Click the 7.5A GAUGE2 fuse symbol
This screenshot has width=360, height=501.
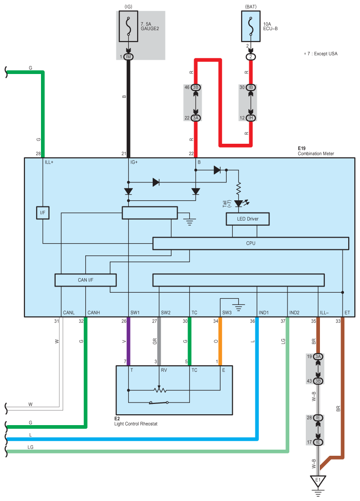coord(129,26)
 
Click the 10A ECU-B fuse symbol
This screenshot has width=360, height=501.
coord(251,26)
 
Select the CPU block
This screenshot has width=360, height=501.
coord(251,244)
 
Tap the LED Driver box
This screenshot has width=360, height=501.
coord(247,219)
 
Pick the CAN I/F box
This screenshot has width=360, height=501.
coord(86,280)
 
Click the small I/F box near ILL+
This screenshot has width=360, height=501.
coord(43,213)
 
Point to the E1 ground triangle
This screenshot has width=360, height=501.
coord(318,481)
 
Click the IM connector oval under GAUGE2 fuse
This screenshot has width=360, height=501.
coord(129,57)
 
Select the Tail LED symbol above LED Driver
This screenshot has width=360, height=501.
coord(239,204)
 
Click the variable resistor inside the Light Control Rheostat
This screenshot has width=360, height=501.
coord(159,389)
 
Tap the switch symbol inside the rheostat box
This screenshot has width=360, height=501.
coord(159,402)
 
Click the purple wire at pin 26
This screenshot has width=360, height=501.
coord(129,341)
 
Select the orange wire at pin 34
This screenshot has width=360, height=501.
coord(220,341)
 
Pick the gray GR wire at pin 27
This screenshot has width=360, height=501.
coord(159,341)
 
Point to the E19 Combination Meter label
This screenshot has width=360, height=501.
coord(316,151)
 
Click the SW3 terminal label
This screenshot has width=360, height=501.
coord(227,312)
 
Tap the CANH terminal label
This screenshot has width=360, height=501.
coord(94,312)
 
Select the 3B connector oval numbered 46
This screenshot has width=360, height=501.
coord(196,87)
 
